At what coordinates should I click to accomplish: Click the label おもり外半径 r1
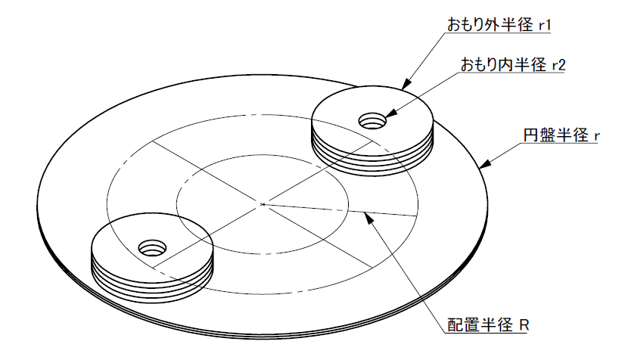click(499, 25)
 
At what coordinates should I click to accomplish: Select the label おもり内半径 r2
click(513, 64)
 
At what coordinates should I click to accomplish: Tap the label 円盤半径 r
click(561, 135)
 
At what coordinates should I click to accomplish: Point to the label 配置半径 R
click(488, 324)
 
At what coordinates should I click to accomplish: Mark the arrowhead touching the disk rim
click(485, 164)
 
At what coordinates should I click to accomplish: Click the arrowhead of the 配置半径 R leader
click(368, 218)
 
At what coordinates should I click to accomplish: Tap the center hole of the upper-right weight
click(372, 121)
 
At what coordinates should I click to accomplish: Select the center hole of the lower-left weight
click(152, 248)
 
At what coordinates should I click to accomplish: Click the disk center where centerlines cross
click(263, 205)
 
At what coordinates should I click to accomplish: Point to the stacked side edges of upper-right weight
click(372, 165)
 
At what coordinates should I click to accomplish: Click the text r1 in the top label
click(545, 26)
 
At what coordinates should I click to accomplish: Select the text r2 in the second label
click(558, 65)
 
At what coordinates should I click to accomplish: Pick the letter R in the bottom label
click(524, 324)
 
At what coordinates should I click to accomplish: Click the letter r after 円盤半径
click(596, 137)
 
